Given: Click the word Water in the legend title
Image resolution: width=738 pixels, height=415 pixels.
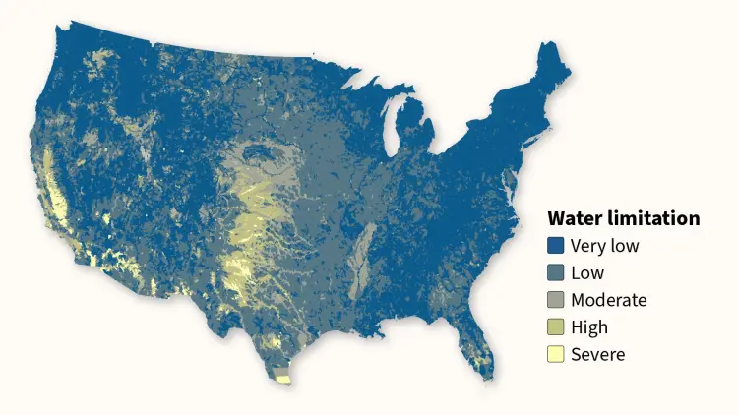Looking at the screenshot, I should click(575, 218).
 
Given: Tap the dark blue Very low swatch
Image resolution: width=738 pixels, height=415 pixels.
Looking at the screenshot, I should click(556, 246).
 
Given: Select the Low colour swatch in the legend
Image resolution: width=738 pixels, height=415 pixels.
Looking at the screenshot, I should click(556, 273).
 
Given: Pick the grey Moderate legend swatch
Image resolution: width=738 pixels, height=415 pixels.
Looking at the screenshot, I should click(556, 300).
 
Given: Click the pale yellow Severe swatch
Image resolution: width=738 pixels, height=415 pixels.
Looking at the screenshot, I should click(556, 354).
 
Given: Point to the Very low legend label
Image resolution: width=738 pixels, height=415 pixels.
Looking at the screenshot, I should click(604, 246).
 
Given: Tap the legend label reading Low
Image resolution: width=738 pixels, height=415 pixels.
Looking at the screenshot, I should click(587, 273).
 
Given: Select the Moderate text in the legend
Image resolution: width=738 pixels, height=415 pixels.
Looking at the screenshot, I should click(608, 300).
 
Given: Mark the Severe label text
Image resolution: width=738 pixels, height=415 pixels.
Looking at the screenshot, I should click(597, 354).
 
